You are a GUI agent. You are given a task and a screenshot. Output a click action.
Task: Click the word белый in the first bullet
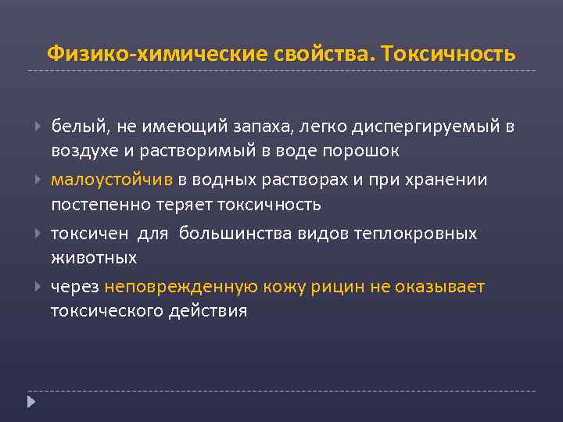coord(77,127)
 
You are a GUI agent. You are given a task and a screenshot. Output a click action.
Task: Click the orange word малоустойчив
coord(112,181)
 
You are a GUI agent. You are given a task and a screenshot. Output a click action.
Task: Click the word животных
coord(94,257)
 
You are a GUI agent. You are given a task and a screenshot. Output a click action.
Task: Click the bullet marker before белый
coord(38,127)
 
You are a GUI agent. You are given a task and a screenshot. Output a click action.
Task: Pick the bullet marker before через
coord(38,287)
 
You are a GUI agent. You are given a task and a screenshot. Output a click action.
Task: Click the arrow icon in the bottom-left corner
coord(31,402)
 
